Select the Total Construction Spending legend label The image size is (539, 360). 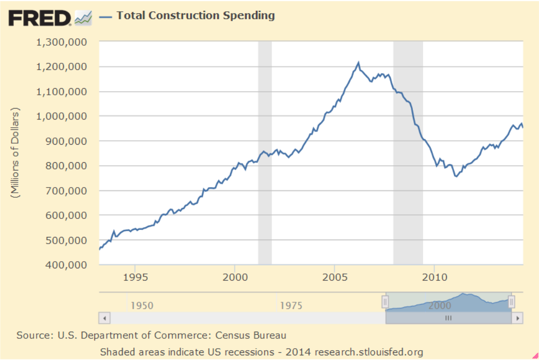tap(196, 15)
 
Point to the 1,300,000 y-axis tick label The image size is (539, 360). tap(61, 42)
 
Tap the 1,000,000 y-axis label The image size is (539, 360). tap(61, 116)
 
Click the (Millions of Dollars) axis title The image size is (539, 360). tap(15, 153)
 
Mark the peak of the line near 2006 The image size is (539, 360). tap(358, 63)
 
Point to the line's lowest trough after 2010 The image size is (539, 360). tap(456, 177)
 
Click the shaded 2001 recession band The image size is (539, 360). tap(265, 155)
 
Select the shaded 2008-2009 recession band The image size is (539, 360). tap(408, 155)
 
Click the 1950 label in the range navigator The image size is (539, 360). tap(142, 305)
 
